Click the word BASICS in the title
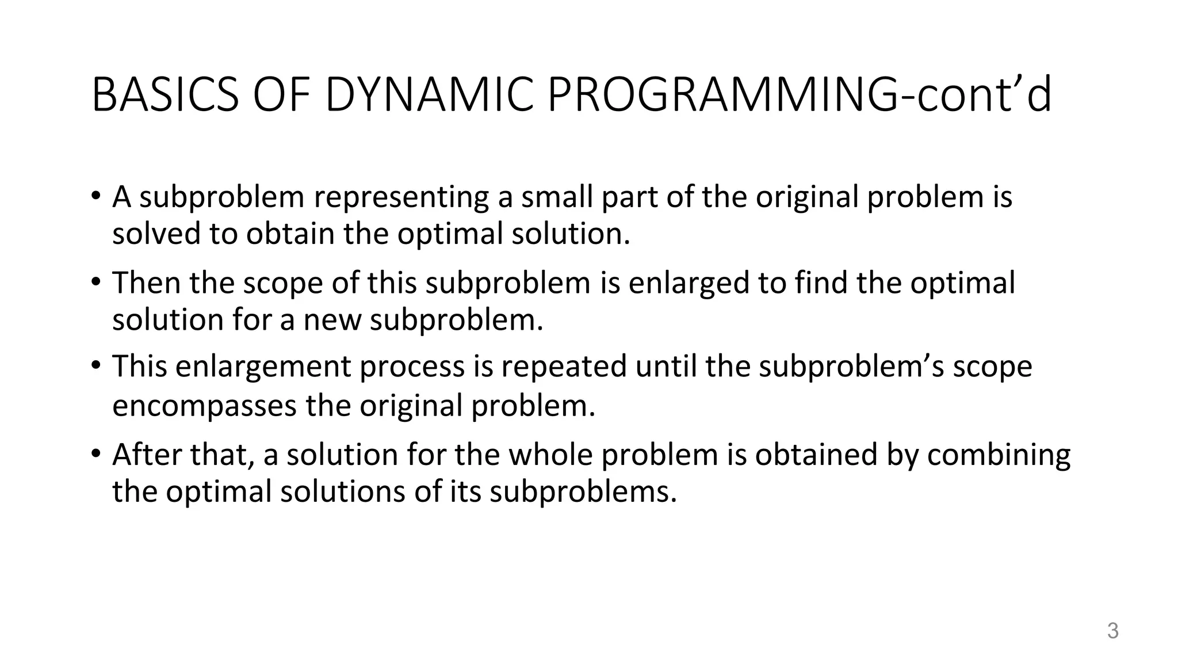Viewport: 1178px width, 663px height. point(165,95)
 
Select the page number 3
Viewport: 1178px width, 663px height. point(1113,631)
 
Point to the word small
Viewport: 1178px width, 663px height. point(556,197)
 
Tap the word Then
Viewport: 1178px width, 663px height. point(146,284)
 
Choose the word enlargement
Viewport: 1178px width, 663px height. point(263,367)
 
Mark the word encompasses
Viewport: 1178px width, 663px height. point(204,406)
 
